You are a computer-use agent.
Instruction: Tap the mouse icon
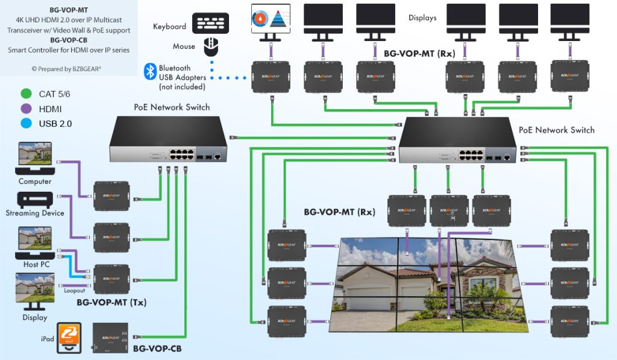[x=210, y=46]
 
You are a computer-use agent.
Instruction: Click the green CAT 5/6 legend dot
[x=25, y=94]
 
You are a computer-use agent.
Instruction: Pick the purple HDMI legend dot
[x=25, y=109]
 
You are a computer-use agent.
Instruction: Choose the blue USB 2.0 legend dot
[x=25, y=124]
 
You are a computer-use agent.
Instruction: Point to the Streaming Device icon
[x=34, y=200]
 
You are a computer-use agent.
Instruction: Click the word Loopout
[x=75, y=289]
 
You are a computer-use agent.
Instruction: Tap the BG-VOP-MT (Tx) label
[x=111, y=302]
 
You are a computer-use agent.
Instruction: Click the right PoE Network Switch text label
[x=556, y=130]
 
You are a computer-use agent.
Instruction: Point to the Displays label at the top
[x=422, y=18]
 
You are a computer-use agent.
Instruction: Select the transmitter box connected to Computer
[x=111, y=195]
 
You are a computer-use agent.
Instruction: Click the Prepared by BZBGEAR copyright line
[x=66, y=69]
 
